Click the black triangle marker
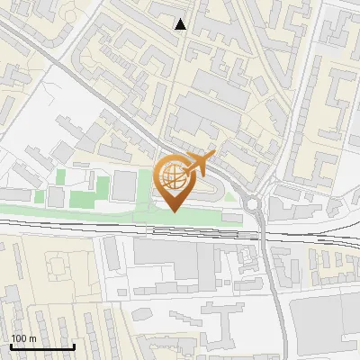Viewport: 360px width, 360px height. [181, 24]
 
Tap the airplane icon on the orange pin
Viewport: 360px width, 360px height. [199, 164]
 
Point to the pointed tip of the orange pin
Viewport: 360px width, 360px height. [173, 211]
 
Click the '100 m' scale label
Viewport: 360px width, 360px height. [22, 338]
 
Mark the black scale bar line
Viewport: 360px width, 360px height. [41, 347]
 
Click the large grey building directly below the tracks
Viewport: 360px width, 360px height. [171, 256]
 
